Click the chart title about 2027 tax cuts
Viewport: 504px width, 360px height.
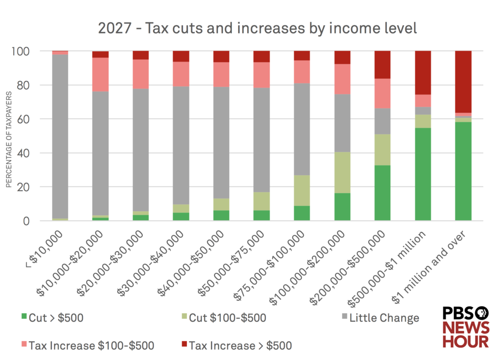257,28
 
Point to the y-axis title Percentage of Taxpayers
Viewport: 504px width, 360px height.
8,139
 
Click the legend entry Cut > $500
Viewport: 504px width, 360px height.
52,318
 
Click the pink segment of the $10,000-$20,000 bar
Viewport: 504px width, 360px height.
100,74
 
